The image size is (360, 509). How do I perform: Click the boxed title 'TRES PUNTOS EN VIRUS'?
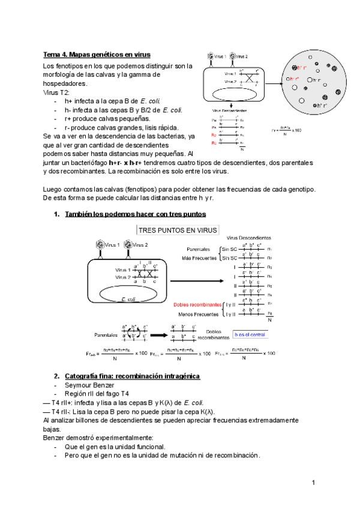pyautogui.click(x=178, y=230)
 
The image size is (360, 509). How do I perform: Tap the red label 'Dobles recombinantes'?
pyautogui.click(x=196, y=304)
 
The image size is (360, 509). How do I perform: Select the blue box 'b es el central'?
pyautogui.click(x=250, y=334)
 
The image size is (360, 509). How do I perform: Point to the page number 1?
pyautogui.click(x=313, y=482)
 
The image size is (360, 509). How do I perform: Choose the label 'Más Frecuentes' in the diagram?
pyautogui.click(x=199, y=258)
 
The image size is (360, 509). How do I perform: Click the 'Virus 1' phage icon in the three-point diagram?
pyautogui.click(x=100, y=245)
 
